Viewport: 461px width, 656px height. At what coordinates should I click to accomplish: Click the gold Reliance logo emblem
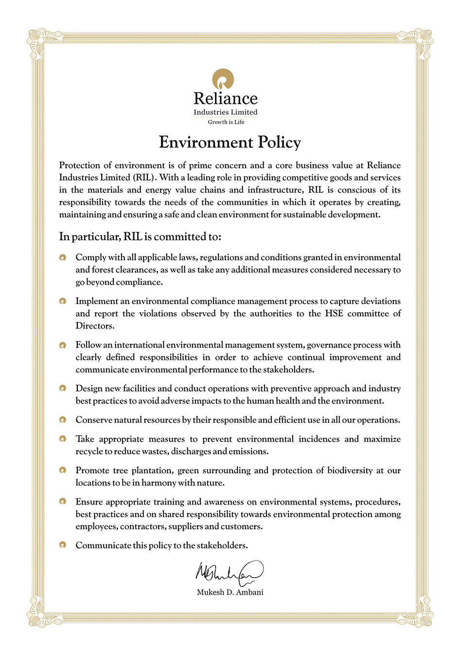tap(223, 79)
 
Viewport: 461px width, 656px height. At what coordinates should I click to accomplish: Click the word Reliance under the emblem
tap(226, 99)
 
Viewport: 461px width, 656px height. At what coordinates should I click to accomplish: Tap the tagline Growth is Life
tap(226, 122)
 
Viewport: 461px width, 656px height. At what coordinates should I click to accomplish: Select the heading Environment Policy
tap(230, 142)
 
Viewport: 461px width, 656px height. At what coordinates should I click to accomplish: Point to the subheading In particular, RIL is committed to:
tap(140, 237)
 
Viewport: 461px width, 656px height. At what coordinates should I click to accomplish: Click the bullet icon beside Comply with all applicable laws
tap(63, 258)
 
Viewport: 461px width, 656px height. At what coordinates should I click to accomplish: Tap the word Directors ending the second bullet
tap(95, 326)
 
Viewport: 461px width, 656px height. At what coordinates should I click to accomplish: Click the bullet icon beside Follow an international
tap(63, 345)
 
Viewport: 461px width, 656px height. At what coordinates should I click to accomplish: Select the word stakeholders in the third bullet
tap(288, 370)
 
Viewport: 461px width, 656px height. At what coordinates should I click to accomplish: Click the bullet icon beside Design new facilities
tap(63, 389)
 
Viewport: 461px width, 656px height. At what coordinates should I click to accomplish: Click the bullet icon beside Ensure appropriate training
tap(63, 502)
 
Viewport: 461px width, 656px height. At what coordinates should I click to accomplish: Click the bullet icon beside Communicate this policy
tap(63, 545)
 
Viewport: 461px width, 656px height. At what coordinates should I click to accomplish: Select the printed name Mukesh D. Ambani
tap(230, 593)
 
